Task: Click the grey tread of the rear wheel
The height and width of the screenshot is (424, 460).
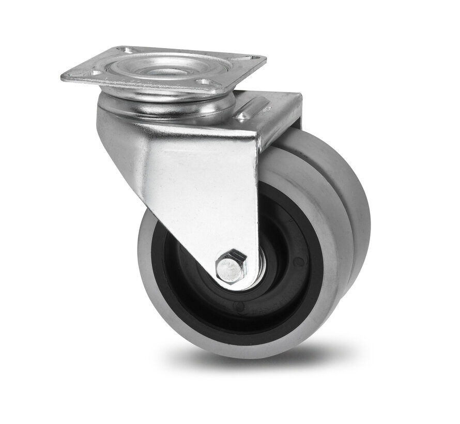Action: pyautogui.click(x=351, y=207)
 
